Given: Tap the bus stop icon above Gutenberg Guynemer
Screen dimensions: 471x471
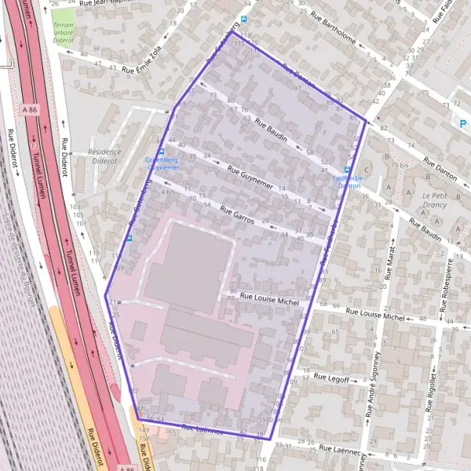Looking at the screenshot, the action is point(161,152).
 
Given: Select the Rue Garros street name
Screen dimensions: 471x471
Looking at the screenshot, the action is point(238,216).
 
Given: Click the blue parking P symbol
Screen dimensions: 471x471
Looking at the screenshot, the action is point(463,123).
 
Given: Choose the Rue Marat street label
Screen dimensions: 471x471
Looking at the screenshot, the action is point(389,258).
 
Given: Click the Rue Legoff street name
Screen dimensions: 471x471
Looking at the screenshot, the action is point(331,377).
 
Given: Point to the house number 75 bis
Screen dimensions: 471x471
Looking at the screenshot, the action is point(404,165).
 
